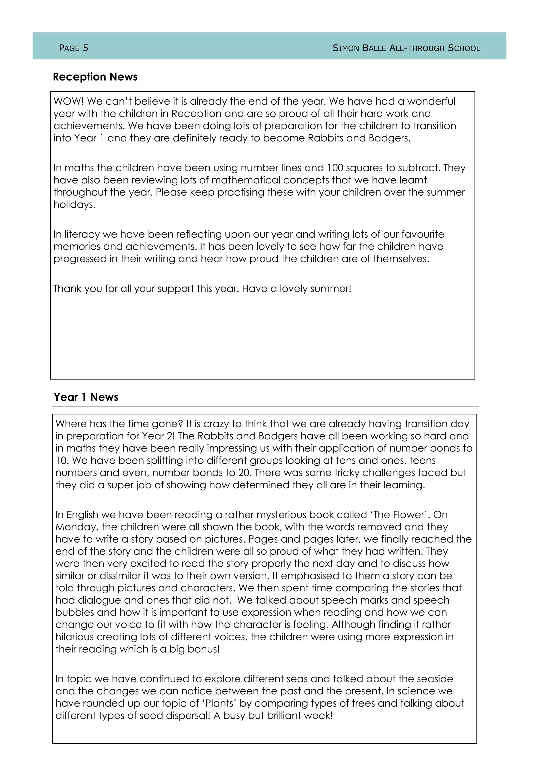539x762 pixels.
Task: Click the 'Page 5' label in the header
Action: pyautogui.click(x=73, y=48)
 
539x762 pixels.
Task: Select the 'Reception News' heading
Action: pyautogui.click(x=95, y=77)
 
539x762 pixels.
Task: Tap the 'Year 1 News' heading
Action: pyautogui.click(x=86, y=397)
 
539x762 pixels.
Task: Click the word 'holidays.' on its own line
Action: pyautogui.click(x=74, y=205)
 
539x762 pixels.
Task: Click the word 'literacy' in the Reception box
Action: pyautogui.click(x=82, y=234)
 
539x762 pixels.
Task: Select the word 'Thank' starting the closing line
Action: pyautogui.click(x=67, y=289)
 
